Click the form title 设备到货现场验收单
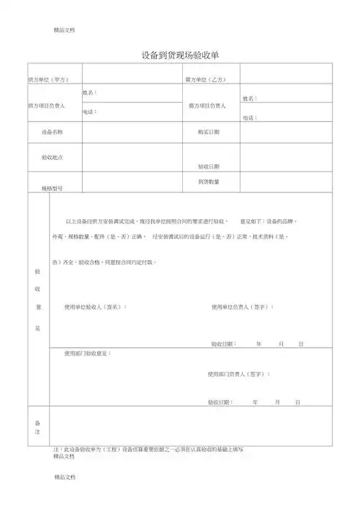tap(180, 55)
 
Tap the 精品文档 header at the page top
tap(64, 30)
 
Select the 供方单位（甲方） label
tap(47, 78)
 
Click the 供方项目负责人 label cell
tap(46, 105)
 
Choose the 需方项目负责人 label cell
tap(207, 105)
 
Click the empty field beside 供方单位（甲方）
tap(132, 74)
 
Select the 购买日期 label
tap(209, 132)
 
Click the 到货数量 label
tap(209, 182)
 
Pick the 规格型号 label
tap(52, 188)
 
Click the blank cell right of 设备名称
tap(132, 133)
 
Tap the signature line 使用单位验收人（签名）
tap(95, 307)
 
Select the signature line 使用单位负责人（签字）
tap(243, 307)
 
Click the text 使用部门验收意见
tap(87, 354)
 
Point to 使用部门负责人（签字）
tap(239, 374)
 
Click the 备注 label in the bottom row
tap(37, 426)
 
